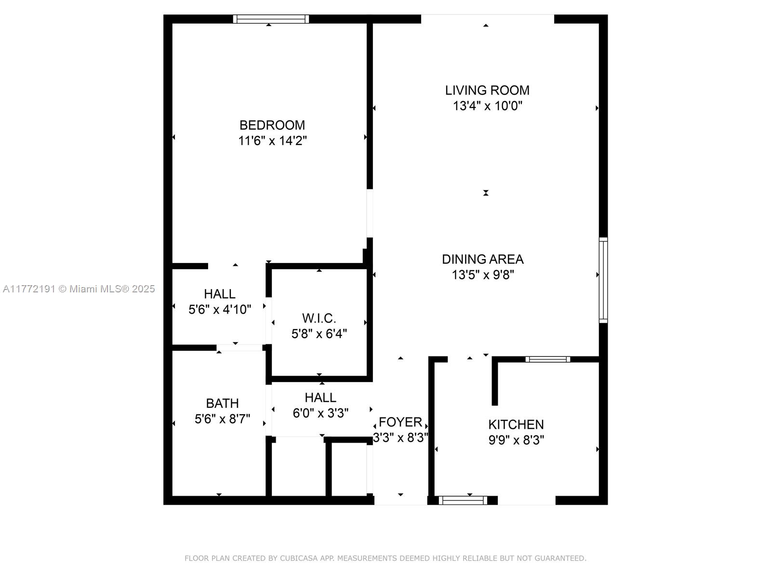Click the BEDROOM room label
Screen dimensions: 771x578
click(272, 125)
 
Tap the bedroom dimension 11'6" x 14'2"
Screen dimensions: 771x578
click(272, 141)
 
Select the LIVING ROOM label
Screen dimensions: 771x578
click(487, 91)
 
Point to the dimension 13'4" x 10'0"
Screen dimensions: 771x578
click(488, 105)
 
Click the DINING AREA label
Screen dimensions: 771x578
click(483, 259)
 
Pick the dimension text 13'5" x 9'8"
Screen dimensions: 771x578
click(483, 275)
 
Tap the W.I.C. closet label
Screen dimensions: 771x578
click(319, 318)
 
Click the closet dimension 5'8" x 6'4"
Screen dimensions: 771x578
click(319, 334)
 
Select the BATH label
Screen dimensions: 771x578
click(222, 404)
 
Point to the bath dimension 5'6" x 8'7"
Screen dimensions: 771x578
click(222, 419)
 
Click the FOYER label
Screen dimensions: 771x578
click(400, 422)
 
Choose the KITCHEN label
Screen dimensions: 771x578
click(516, 425)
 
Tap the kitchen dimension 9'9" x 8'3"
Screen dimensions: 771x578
click(516, 440)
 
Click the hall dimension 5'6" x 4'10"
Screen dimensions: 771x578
click(220, 310)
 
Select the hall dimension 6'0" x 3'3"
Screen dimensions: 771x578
click(320, 413)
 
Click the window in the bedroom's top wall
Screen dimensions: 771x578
click(271, 19)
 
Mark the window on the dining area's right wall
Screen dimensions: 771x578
click(603, 280)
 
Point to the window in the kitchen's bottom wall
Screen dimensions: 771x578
click(463, 500)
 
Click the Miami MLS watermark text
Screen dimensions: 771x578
click(79, 289)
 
